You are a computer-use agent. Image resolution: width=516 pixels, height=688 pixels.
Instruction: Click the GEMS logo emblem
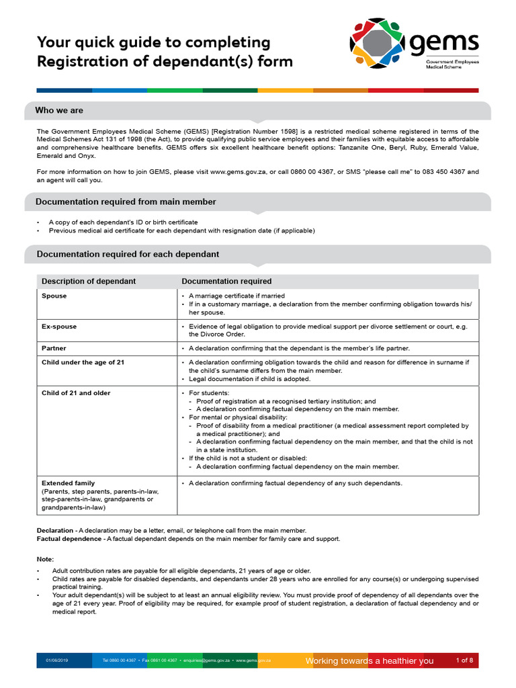point(377,46)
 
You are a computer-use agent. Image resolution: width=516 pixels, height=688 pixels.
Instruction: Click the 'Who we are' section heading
point(59,110)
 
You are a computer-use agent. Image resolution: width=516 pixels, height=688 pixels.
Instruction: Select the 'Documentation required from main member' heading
point(126,202)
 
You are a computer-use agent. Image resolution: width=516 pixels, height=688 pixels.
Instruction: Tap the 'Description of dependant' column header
point(89,282)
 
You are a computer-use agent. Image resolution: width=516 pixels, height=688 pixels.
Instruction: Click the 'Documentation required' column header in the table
point(226,282)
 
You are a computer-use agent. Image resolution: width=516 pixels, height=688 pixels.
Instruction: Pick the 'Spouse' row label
point(54,296)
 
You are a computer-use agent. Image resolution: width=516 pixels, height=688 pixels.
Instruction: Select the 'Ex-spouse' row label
point(59,327)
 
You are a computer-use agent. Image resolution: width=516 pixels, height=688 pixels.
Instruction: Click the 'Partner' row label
point(54,349)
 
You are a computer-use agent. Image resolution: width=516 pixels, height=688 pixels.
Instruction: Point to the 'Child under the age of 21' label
point(83,362)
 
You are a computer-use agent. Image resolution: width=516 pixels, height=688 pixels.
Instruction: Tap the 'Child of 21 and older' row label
point(76,393)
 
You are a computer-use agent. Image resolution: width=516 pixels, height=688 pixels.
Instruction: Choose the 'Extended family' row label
point(68,483)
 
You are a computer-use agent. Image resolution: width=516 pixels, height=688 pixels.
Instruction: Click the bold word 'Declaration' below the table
point(55,531)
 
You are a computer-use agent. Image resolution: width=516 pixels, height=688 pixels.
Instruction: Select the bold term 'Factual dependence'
point(69,539)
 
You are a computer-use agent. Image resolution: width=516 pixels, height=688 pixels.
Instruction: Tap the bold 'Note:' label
point(44,559)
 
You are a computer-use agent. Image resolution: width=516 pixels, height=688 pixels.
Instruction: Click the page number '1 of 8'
point(464,660)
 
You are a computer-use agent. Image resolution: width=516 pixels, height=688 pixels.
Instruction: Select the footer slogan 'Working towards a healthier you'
point(370,661)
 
